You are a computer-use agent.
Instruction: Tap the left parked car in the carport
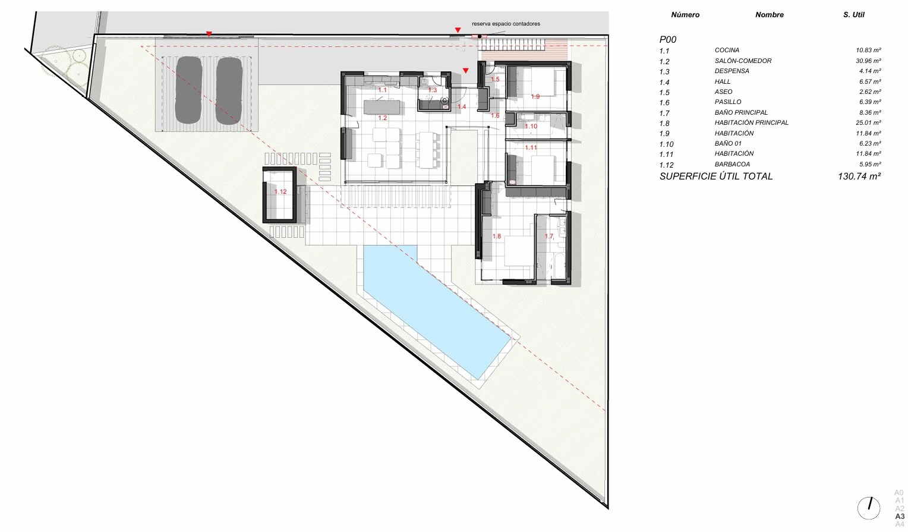[189, 90]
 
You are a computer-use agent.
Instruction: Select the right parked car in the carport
[229, 90]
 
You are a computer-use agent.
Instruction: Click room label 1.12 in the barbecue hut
[280, 191]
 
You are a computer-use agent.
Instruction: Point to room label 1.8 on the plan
[497, 236]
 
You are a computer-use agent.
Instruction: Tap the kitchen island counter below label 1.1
[382, 108]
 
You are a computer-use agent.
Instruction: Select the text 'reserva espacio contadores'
[506, 24]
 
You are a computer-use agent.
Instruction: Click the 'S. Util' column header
[854, 15]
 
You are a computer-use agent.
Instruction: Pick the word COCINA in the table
[727, 50]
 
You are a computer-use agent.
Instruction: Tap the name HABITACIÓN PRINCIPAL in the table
[752, 122]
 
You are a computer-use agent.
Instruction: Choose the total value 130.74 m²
[859, 176]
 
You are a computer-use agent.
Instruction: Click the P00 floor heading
[668, 39]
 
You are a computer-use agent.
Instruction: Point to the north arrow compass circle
[869, 508]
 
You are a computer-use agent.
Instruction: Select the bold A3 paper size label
[900, 516]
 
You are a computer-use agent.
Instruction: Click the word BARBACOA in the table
[732, 164]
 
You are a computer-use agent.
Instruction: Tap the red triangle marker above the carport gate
[209, 34]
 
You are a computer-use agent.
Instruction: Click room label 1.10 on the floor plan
[531, 126]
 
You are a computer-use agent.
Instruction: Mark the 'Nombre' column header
[770, 15]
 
